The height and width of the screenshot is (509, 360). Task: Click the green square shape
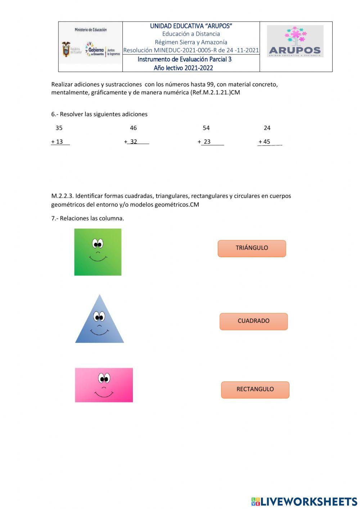point(98,252)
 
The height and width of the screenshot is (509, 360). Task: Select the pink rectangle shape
point(104,385)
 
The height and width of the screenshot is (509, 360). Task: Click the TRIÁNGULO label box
point(252,248)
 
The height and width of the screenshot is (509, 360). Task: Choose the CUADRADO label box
point(253,321)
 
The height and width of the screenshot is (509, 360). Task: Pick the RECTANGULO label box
point(255,389)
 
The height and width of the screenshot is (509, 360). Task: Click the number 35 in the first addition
point(59,128)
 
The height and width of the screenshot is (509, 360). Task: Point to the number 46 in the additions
point(133,128)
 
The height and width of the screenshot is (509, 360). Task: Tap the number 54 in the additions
point(206,128)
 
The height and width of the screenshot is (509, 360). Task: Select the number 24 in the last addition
point(267,128)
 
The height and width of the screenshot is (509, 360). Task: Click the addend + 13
point(57,142)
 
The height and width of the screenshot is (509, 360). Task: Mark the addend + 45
point(265,142)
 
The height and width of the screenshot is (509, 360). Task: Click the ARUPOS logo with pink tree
point(295,41)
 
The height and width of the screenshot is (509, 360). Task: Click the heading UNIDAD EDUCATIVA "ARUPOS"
point(191,26)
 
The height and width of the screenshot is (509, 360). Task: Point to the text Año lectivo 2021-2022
point(183,68)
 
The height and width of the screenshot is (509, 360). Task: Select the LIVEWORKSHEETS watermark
point(304,501)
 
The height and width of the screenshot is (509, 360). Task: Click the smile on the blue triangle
point(99,331)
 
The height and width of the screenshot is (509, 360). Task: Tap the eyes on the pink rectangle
point(104,379)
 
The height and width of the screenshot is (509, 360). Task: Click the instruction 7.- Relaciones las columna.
point(87,218)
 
